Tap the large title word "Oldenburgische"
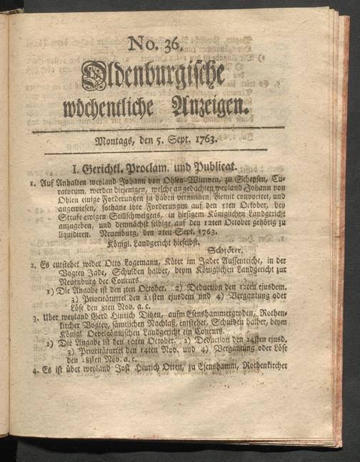point(153,76)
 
